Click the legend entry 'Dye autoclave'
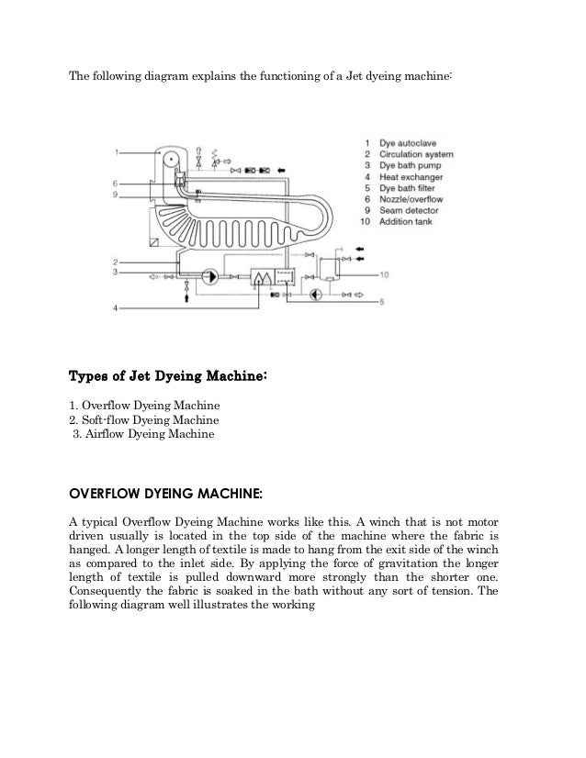[x=405, y=143]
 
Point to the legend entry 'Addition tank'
[x=404, y=221]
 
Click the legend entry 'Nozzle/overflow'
[x=410, y=199]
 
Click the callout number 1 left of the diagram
[x=118, y=151]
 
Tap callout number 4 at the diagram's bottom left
[x=116, y=309]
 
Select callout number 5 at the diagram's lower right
[x=383, y=302]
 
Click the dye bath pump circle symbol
[x=209, y=274]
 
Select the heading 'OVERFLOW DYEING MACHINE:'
[x=165, y=495]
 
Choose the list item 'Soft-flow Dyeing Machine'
[x=144, y=419]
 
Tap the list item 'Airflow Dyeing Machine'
[x=144, y=434]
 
